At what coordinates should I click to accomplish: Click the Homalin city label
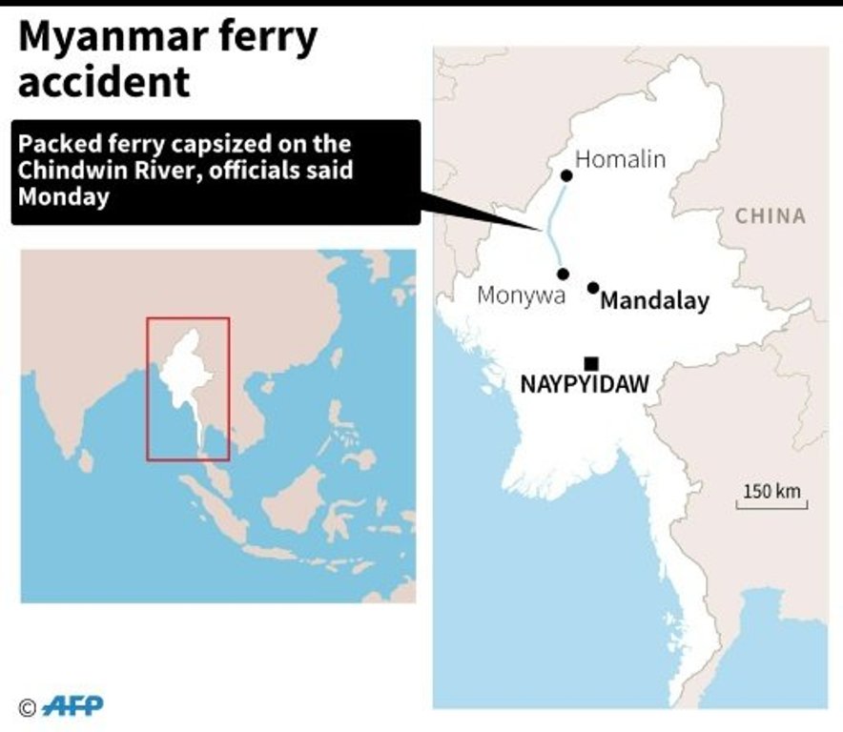click(620, 159)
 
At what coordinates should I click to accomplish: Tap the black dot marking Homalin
click(566, 175)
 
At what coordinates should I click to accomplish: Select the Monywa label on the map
click(521, 295)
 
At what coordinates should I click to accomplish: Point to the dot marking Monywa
click(564, 274)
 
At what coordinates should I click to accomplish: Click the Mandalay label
click(655, 302)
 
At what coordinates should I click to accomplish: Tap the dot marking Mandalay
click(593, 287)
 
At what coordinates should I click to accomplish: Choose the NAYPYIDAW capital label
click(585, 385)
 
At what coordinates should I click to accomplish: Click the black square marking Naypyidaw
click(591, 363)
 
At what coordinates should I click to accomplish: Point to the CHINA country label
click(770, 216)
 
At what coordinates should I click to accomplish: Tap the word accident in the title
click(104, 82)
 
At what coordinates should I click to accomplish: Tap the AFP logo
click(73, 706)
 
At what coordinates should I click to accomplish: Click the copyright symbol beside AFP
click(28, 707)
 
